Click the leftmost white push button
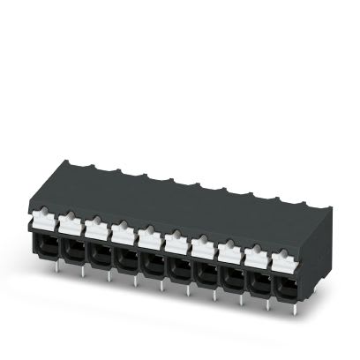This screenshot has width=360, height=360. (42, 215)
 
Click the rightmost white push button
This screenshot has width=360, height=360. (281, 219)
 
